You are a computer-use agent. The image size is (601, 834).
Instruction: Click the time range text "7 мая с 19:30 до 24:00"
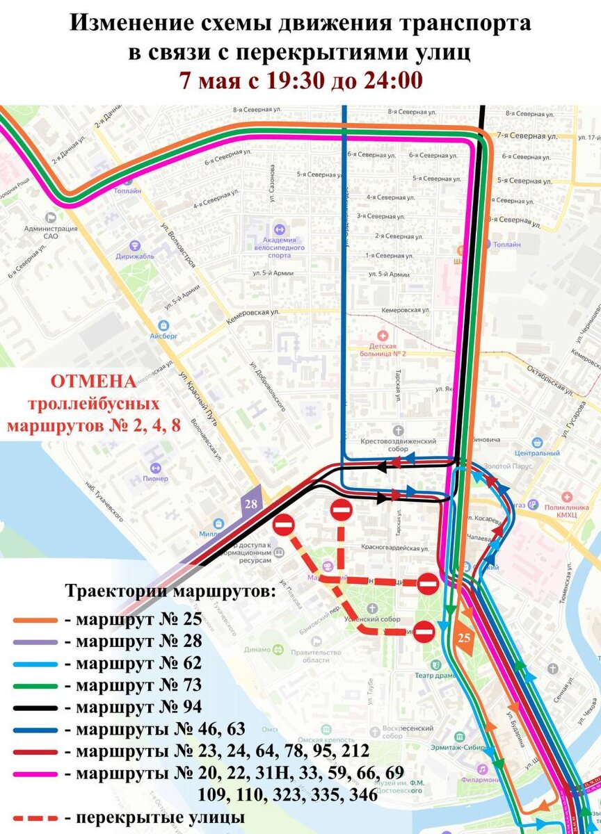point(300,80)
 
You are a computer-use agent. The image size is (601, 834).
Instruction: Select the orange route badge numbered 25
point(464,637)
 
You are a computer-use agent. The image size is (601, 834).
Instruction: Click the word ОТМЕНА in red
point(94,382)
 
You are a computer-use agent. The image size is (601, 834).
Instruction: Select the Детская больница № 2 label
point(383,350)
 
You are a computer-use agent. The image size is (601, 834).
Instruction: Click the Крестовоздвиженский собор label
point(398,445)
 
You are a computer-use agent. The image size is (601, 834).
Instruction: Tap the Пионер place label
point(156,478)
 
